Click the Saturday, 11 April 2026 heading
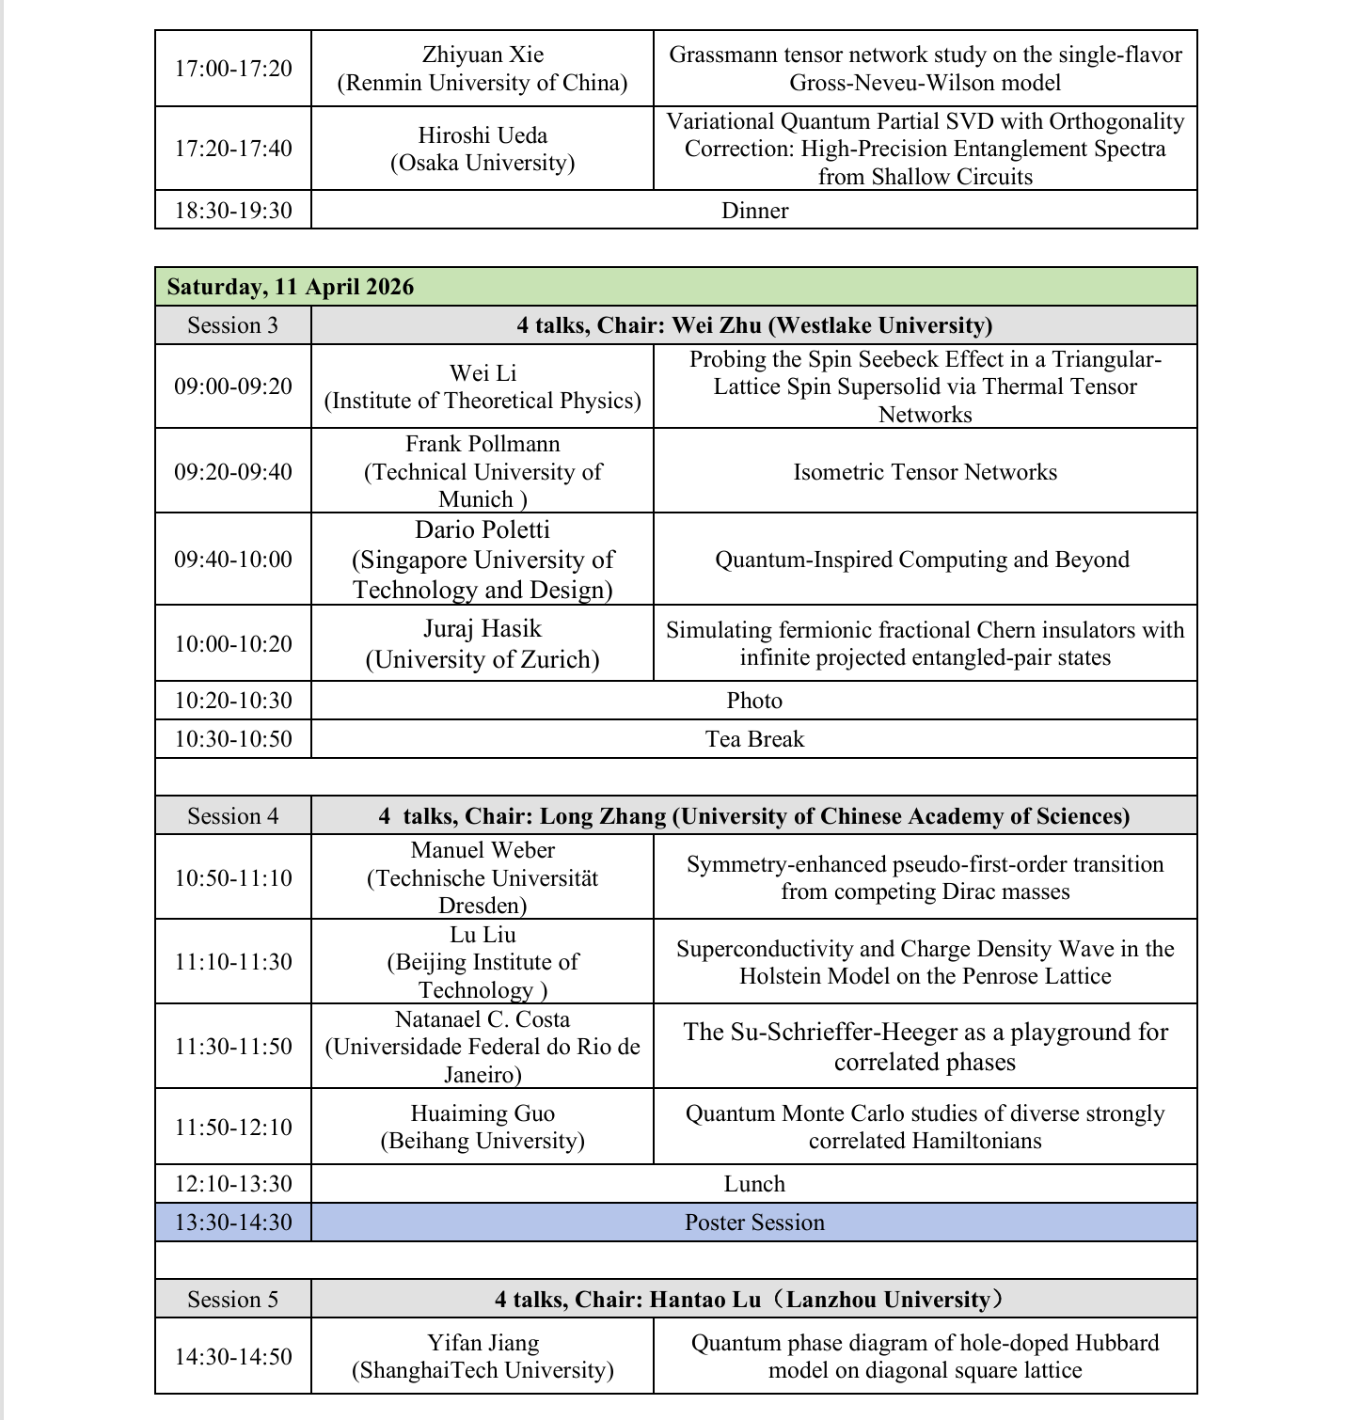pyautogui.click(x=291, y=287)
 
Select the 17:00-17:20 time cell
pyautogui.click(x=233, y=69)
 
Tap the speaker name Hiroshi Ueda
pyautogui.click(x=483, y=135)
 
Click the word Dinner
pyautogui.click(x=754, y=211)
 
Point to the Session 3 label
pyautogui.click(x=233, y=325)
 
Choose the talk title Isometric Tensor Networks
pyautogui.click(x=925, y=471)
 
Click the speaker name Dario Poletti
pyautogui.click(x=483, y=529)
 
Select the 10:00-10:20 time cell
pyautogui.click(x=233, y=644)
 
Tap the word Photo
pyautogui.click(x=754, y=701)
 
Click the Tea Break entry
pyautogui.click(x=754, y=739)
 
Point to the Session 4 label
pyautogui.click(x=233, y=816)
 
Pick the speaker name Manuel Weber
pyautogui.click(x=483, y=850)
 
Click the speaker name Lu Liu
pyautogui.click(x=483, y=935)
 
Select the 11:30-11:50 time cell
pyautogui.click(x=233, y=1047)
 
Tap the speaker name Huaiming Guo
pyautogui.click(x=483, y=1113)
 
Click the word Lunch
pyautogui.click(x=754, y=1184)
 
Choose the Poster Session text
pyautogui.click(x=754, y=1223)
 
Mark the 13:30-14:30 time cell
pyautogui.click(x=233, y=1223)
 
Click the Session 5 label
pyautogui.click(x=233, y=1300)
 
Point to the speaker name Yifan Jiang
pyautogui.click(x=483, y=1343)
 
